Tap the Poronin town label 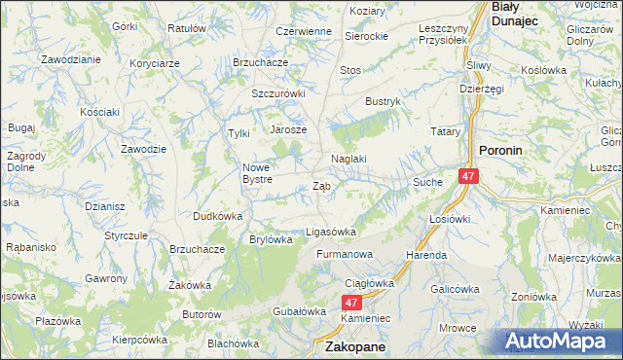(503, 151)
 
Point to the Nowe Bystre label (263, 172)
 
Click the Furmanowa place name (344, 254)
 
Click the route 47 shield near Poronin (469, 176)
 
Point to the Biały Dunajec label (516, 13)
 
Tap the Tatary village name (445, 130)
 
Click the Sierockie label (366, 35)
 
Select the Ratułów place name (187, 28)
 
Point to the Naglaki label (348, 159)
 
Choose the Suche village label (428, 182)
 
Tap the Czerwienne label (304, 31)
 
